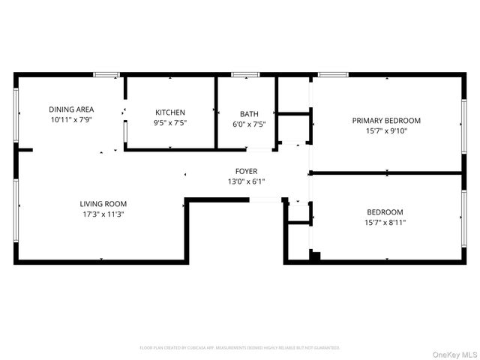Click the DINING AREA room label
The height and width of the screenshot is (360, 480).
tap(72, 109)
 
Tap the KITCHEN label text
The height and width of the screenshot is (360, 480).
tap(170, 112)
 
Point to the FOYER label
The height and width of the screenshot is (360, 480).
tap(246, 172)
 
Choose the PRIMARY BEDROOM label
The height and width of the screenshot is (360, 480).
tap(386, 120)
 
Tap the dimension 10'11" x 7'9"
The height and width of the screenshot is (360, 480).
tap(72, 119)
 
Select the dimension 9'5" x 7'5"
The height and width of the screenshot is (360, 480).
tap(170, 123)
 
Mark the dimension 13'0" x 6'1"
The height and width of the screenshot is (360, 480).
tap(246, 181)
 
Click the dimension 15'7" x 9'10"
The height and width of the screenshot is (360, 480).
tap(386, 130)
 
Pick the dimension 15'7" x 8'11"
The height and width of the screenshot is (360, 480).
tap(386, 223)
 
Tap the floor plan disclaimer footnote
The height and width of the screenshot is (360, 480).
tap(240, 348)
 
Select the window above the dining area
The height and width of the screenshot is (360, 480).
tap(106, 74)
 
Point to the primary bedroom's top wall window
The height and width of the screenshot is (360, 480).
tap(332, 74)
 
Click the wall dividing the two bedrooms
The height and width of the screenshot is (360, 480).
tap(386, 173)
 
